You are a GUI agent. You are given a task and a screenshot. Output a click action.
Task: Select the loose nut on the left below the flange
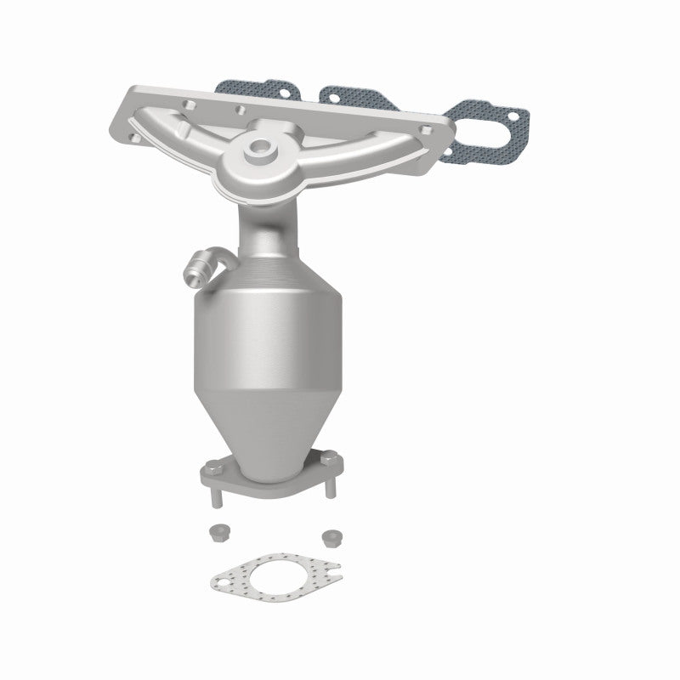[x=217, y=533]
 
